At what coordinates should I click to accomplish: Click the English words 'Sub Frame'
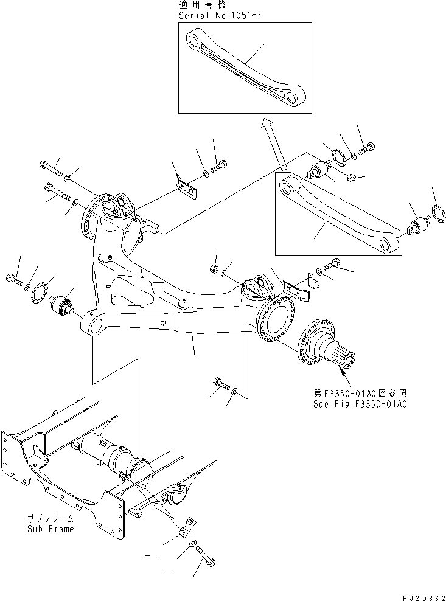51,529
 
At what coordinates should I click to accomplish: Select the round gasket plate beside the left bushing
40,294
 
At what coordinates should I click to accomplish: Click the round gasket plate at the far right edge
435,216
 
